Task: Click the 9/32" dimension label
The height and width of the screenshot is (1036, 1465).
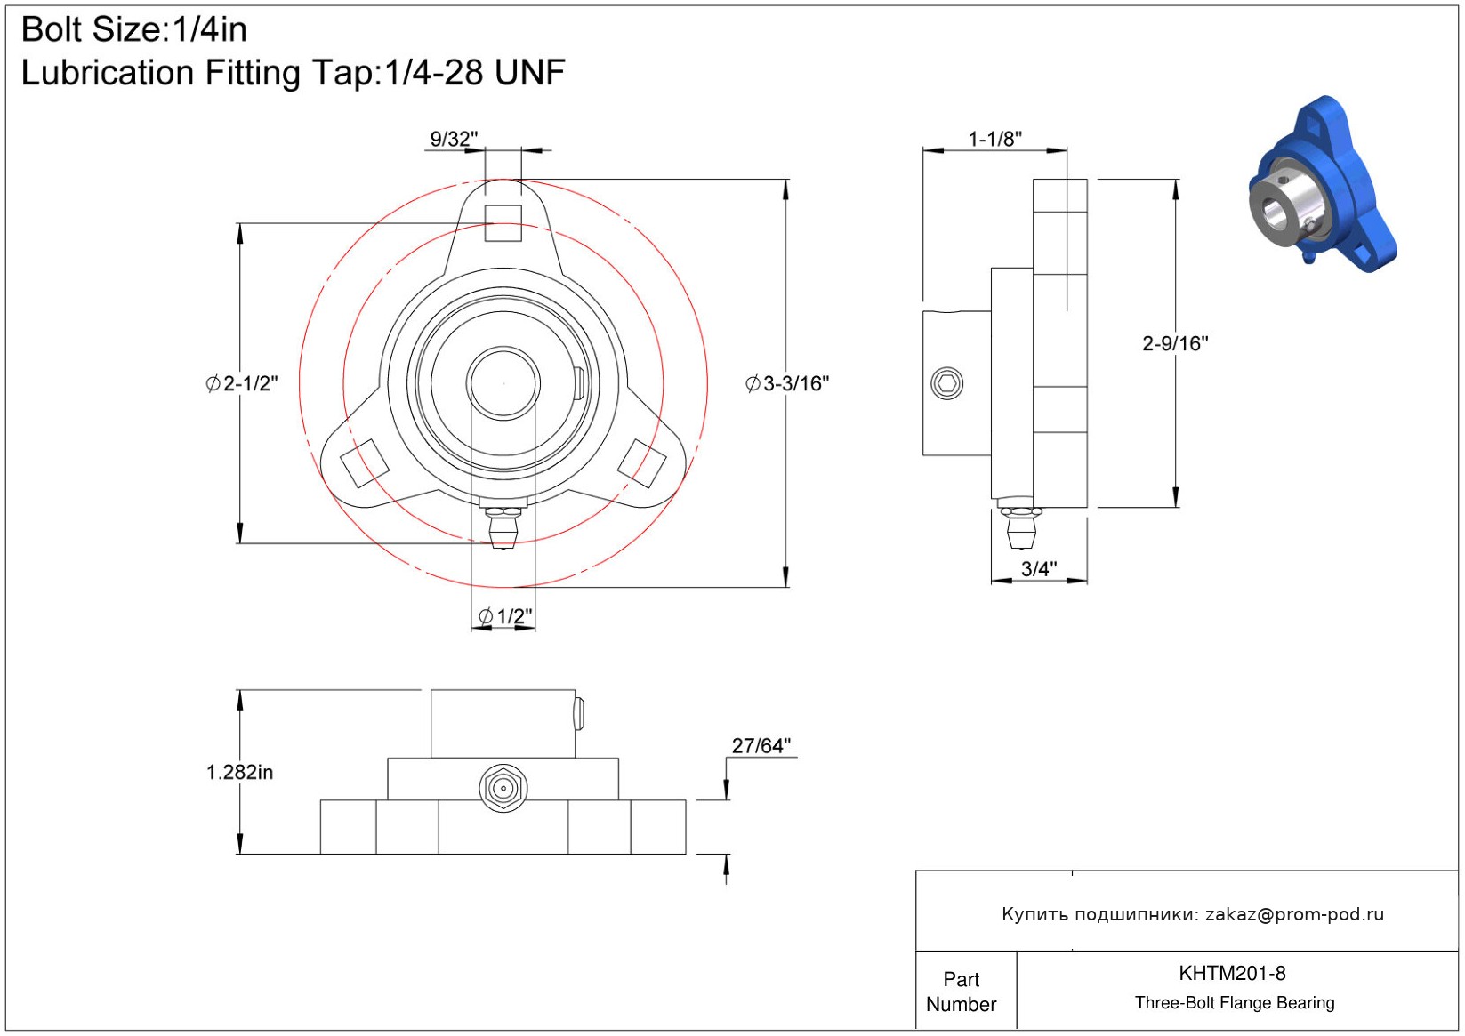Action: pyautogui.click(x=454, y=139)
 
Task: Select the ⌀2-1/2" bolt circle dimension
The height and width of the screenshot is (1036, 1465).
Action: pyautogui.click(x=242, y=383)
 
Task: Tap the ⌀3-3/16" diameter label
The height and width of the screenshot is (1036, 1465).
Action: pyautogui.click(x=787, y=383)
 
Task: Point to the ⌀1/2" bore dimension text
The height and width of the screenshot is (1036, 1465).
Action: pyautogui.click(x=505, y=616)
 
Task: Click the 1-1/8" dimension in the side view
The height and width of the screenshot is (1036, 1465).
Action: pyautogui.click(x=994, y=139)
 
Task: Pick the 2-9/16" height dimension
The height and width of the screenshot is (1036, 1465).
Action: pyautogui.click(x=1175, y=343)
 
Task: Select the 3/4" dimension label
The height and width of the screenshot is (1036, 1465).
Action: pyautogui.click(x=1039, y=569)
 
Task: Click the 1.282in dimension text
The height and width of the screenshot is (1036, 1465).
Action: pyautogui.click(x=239, y=773)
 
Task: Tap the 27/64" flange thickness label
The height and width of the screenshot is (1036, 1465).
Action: pyautogui.click(x=761, y=745)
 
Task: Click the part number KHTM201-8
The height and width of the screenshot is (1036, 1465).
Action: pyautogui.click(x=1232, y=973)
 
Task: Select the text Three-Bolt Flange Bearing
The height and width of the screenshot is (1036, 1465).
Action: pyautogui.click(x=1235, y=1002)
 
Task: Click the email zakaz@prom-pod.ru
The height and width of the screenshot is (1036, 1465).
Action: pyautogui.click(x=1294, y=913)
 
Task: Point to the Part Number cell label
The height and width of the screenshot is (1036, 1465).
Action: pyautogui.click(x=961, y=992)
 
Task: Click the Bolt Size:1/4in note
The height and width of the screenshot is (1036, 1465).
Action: pyautogui.click(x=134, y=29)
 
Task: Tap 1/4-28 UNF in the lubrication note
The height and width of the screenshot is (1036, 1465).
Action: pyautogui.click(x=475, y=72)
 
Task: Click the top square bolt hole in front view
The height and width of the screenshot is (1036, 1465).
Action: pyautogui.click(x=503, y=223)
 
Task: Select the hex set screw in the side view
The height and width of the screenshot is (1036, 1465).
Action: pyautogui.click(x=946, y=383)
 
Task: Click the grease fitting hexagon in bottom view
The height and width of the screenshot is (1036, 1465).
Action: pyautogui.click(x=503, y=788)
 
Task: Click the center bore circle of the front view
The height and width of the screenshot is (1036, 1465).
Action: pyautogui.click(x=503, y=383)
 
